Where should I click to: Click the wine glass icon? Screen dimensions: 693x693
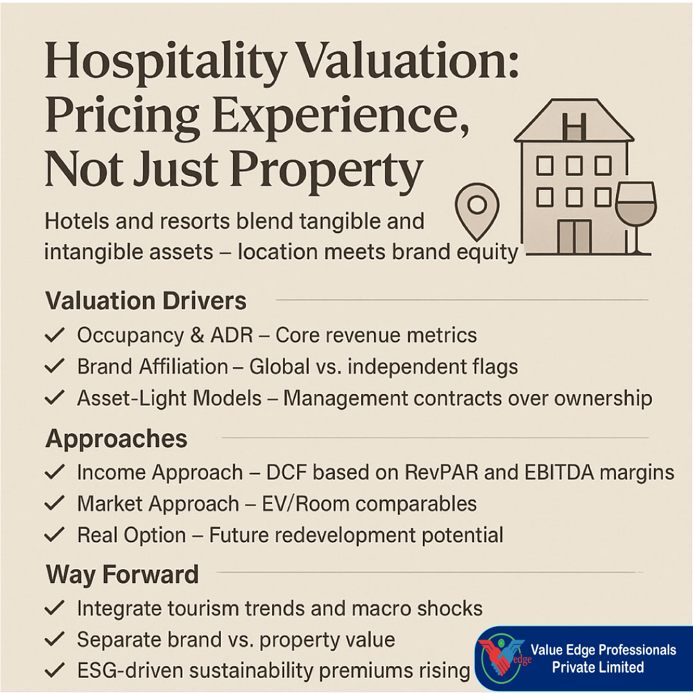click(x=635, y=218)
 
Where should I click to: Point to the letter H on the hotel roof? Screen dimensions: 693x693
click(x=574, y=126)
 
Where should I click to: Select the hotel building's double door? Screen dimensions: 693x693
click(x=574, y=237)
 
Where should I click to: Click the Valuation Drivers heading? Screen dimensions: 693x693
click(x=146, y=301)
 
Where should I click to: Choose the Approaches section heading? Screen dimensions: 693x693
click(x=116, y=439)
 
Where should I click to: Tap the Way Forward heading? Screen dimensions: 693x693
click(x=122, y=574)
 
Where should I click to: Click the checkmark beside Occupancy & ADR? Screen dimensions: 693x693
click(x=55, y=335)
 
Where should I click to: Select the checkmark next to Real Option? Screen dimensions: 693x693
click(x=55, y=535)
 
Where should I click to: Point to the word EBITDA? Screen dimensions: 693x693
click(x=560, y=472)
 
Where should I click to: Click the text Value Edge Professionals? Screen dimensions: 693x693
click(x=603, y=649)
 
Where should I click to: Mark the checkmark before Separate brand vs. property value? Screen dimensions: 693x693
click(x=55, y=639)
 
